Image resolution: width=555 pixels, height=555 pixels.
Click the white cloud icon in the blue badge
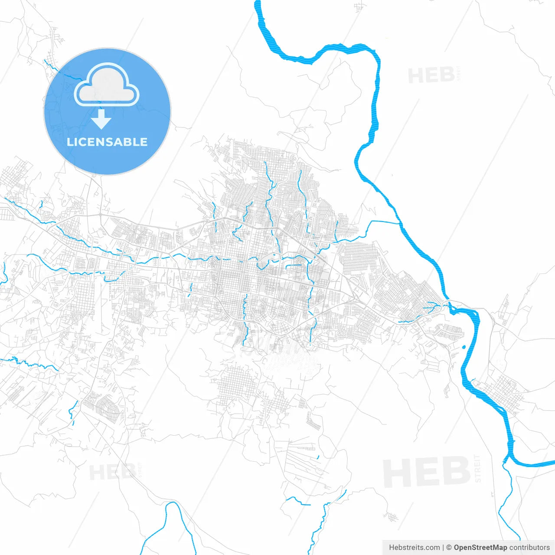107,85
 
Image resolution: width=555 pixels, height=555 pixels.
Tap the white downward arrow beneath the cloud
101,119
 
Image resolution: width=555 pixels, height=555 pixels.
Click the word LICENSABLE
107,142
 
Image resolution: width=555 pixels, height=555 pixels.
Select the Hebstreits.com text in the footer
414,548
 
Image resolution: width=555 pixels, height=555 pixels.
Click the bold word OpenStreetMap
480,548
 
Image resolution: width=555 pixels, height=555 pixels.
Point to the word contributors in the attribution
529,548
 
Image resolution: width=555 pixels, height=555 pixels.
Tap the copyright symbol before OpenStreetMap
449,548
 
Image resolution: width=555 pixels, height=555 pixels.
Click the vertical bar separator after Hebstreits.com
443,548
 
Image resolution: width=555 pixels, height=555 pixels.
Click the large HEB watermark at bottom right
427,472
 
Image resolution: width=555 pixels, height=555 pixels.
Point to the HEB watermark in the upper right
431,76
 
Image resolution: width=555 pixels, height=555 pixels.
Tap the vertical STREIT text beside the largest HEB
478,468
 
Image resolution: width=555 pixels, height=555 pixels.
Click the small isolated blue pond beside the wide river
464,347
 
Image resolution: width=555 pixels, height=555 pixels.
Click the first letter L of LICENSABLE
69,142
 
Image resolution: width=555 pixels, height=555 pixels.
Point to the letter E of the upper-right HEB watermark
431,76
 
